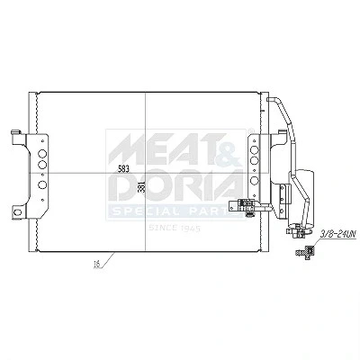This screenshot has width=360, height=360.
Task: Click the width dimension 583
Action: pos(123,169)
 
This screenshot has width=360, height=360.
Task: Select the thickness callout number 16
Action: pos(96,265)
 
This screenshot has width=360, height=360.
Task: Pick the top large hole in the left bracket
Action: pos(42,154)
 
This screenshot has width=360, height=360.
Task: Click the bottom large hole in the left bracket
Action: pos(42,184)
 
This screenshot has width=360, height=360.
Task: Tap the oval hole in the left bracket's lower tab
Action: pos(18,212)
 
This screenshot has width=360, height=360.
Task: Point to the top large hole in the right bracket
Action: pos(255,150)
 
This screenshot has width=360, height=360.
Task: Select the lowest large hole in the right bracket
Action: pos(255,180)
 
